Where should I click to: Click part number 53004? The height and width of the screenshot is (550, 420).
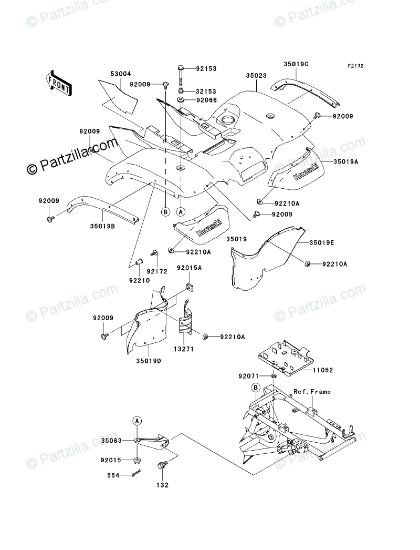[121, 75]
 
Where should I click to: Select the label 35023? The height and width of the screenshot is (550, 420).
[257, 75]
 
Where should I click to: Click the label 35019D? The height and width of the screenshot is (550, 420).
[149, 361]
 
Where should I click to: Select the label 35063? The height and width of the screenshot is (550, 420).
[112, 441]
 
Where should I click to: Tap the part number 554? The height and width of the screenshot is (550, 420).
[114, 475]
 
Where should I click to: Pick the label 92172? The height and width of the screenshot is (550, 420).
[157, 271]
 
